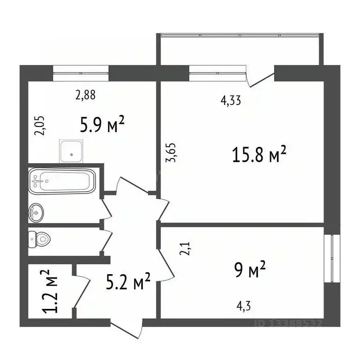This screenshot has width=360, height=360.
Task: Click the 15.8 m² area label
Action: point(259,155)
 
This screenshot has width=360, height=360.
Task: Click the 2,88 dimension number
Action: point(86,95)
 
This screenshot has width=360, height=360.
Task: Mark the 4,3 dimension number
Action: point(243,308)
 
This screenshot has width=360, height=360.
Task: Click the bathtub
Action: point(62,180)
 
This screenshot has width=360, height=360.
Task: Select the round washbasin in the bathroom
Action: point(36,213)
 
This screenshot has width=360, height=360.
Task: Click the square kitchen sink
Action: point(71,150)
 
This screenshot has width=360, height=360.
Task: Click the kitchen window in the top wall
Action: point(81,73)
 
